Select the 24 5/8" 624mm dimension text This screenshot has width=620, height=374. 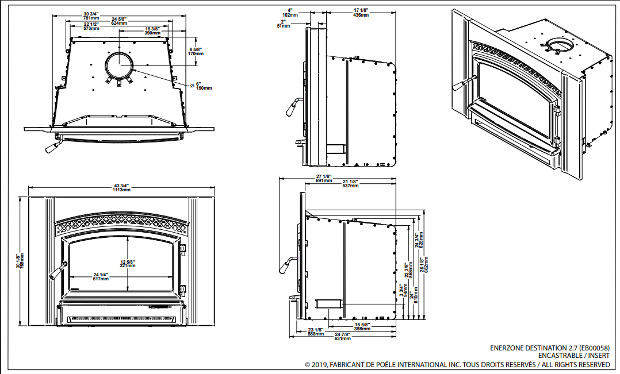point(120,21)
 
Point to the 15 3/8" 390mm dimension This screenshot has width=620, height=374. point(152,30)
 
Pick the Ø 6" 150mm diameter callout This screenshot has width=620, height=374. point(203,86)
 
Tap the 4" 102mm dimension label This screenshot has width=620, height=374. point(292,12)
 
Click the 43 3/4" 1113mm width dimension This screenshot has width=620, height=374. point(122,187)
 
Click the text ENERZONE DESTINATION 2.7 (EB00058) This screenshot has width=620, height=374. point(550,348)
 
